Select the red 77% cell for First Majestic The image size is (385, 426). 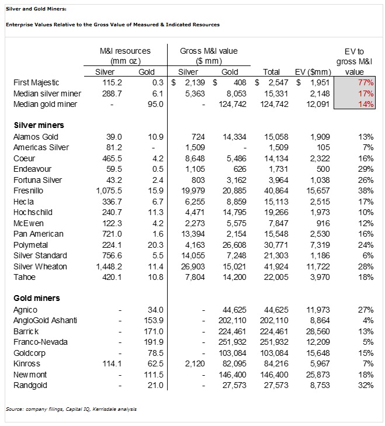pos(366,83)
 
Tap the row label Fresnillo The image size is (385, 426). pos(29,191)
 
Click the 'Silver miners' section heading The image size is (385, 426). pos(39,125)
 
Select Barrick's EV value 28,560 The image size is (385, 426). pos(318,331)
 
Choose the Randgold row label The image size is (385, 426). pos(31,385)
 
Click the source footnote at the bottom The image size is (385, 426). pos(71,409)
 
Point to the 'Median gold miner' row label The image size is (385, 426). pos(47,105)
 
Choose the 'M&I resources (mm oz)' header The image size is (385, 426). pos(125,56)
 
